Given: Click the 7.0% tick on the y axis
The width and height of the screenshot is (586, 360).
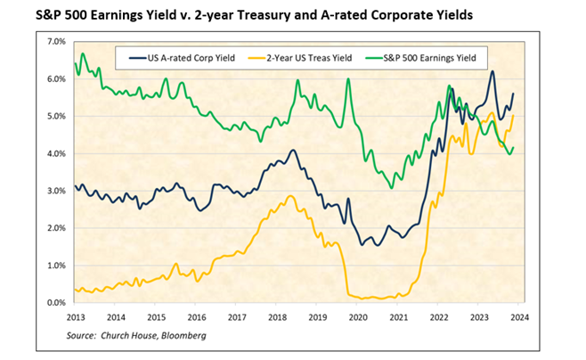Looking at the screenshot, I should click(55, 42).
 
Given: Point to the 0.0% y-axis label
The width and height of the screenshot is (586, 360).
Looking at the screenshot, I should click(55, 303).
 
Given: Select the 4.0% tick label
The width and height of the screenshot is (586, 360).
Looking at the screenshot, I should click(55, 154).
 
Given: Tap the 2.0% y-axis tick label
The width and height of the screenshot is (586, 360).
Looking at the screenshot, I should click(55, 228).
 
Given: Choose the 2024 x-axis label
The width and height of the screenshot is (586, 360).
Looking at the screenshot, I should click(521, 317).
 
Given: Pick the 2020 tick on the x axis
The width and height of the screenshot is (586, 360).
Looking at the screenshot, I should click(358, 317).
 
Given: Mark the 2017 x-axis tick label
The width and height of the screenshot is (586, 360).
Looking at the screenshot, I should click(236, 317).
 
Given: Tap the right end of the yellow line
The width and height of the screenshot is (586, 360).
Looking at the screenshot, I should click(513, 115).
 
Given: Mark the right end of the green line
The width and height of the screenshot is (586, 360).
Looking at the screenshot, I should click(513, 148).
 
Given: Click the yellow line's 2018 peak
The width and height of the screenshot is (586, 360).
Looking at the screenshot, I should click(290, 196).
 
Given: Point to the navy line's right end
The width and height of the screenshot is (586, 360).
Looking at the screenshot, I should click(513, 94).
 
